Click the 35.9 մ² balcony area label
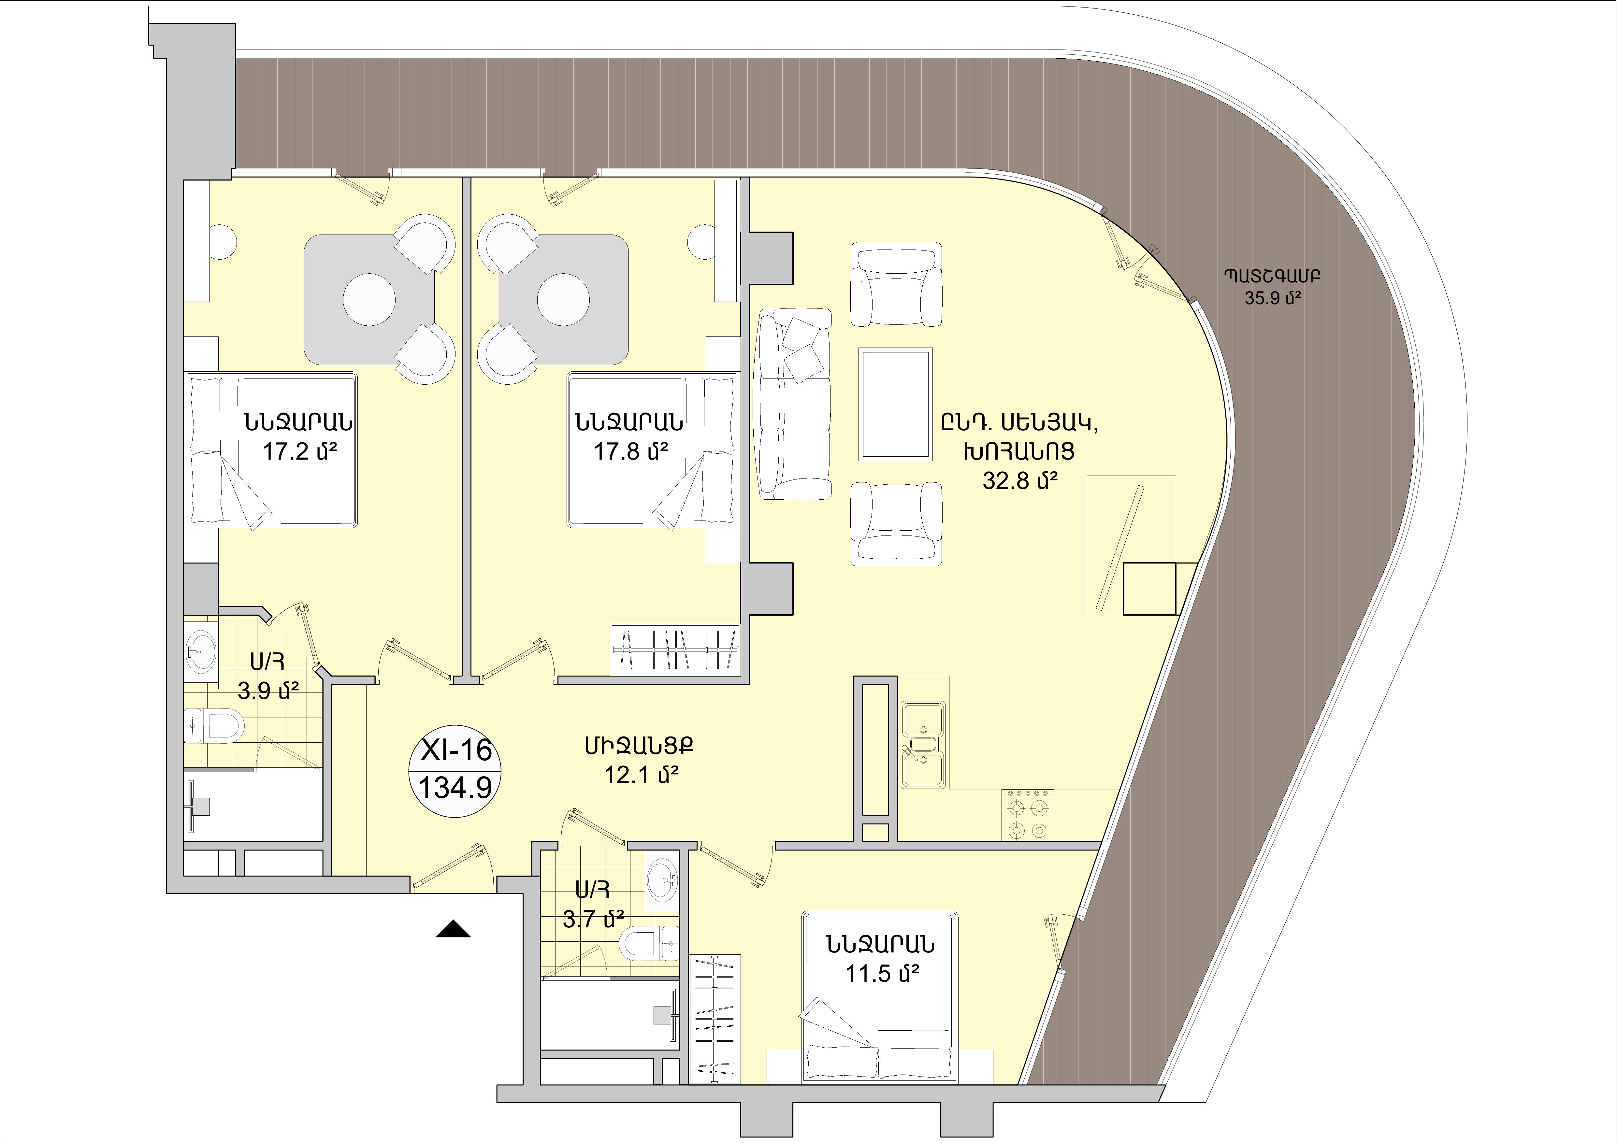pos(1272,298)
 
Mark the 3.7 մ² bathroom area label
pos(594,919)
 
